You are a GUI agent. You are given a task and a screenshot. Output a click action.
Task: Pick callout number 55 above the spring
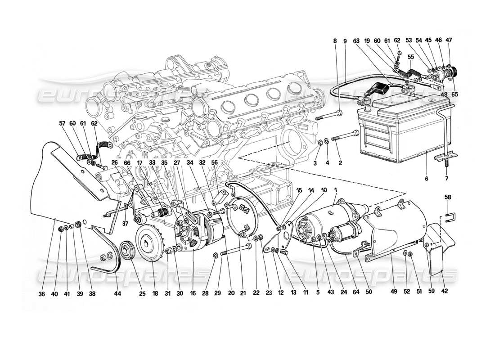tap(410, 58)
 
